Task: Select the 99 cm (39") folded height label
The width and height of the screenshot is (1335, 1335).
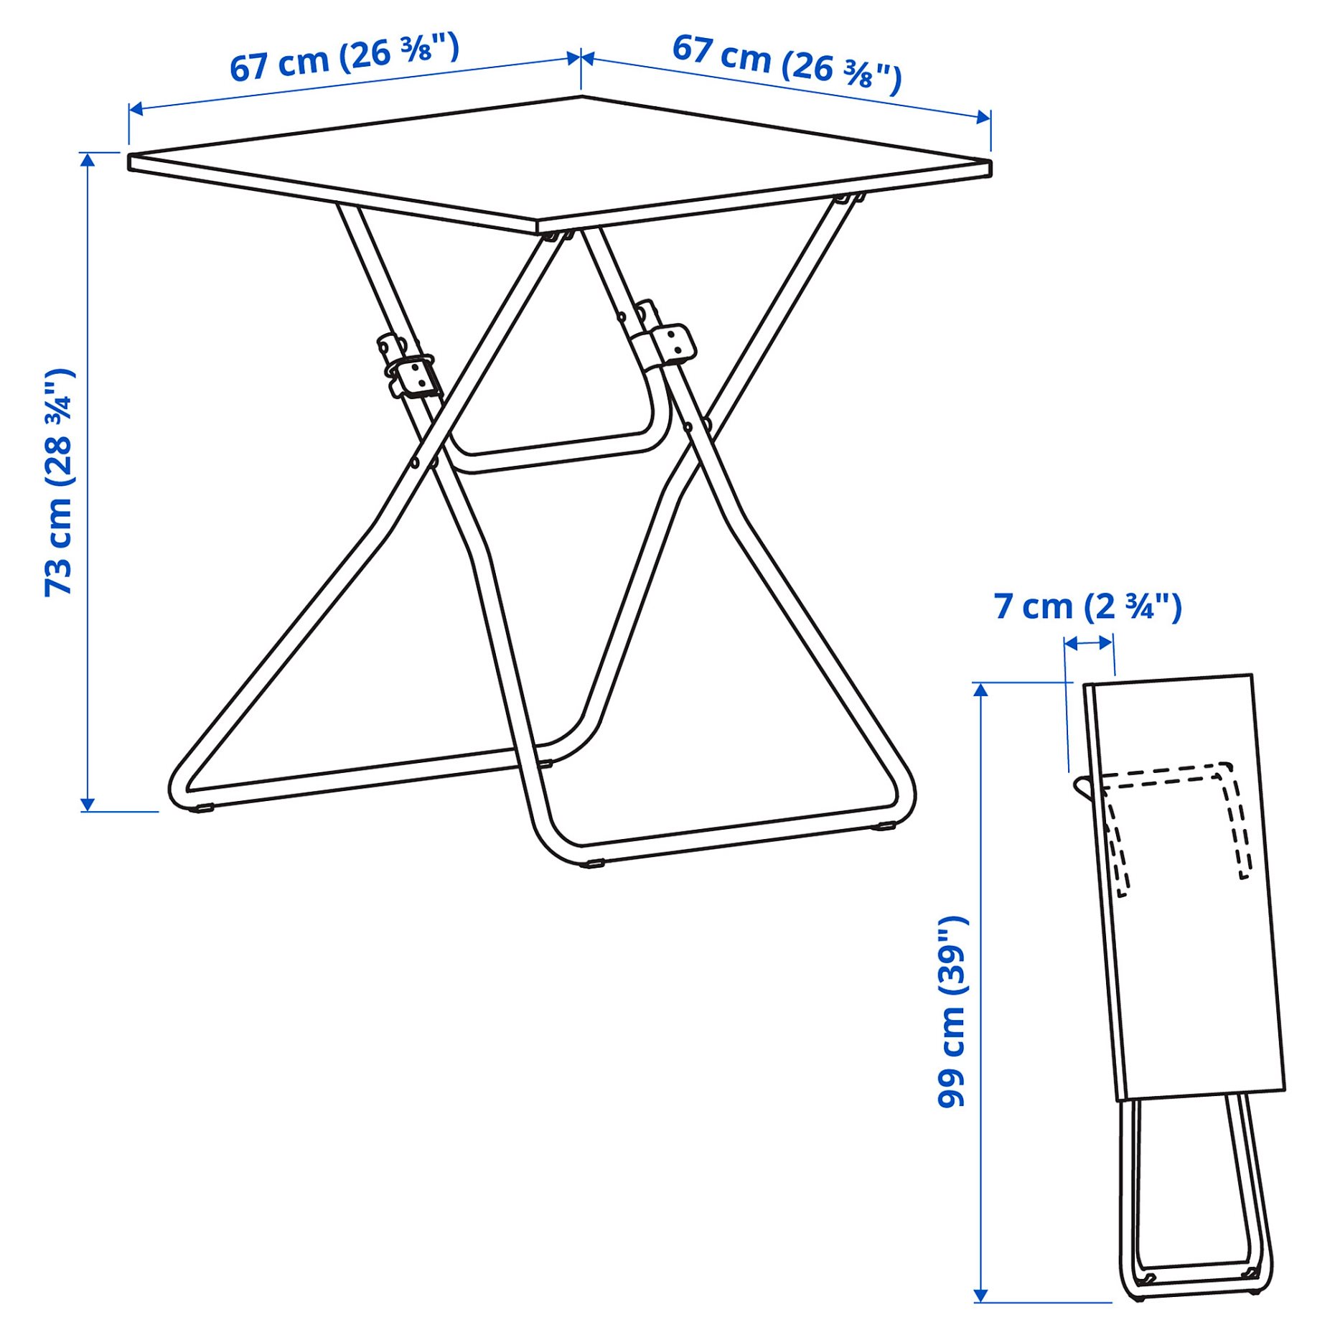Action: (x=952, y=1012)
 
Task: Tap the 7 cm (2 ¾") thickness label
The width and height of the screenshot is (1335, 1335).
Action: (x=1087, y=607)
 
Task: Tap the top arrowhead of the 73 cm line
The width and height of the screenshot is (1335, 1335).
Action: (x=88, y=159)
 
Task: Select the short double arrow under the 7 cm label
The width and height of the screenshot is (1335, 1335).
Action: (x=1089, y=643)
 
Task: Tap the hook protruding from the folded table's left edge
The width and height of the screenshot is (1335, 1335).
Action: (x=1082, y=787)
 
